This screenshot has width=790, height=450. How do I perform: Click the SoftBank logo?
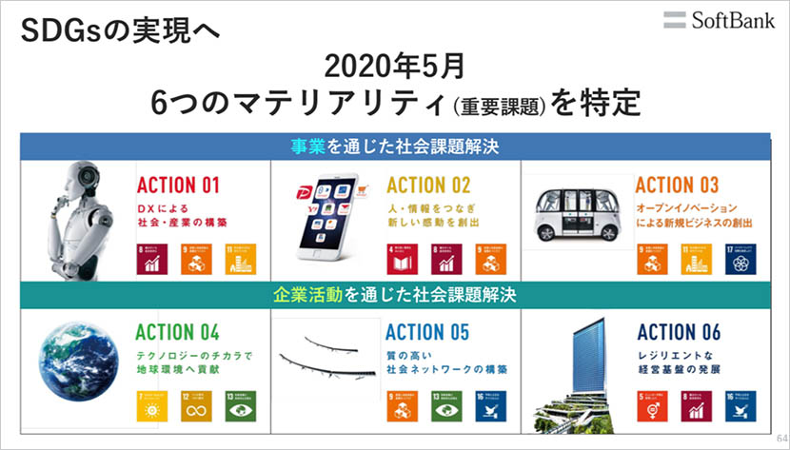click(x=720, y=19)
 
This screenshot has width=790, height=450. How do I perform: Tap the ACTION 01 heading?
click(x=178, y=184)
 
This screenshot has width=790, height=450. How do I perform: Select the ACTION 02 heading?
click(x=428, y=184)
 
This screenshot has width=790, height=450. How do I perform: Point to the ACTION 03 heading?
click(x=677, y=184)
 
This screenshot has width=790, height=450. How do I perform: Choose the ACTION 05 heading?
click(x=427, y=332)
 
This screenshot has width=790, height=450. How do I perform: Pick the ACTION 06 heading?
click(x=678, y=332)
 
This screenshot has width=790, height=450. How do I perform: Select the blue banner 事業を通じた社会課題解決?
click(x=395, y=147)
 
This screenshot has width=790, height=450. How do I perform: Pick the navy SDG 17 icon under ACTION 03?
click(x=740, y=258)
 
